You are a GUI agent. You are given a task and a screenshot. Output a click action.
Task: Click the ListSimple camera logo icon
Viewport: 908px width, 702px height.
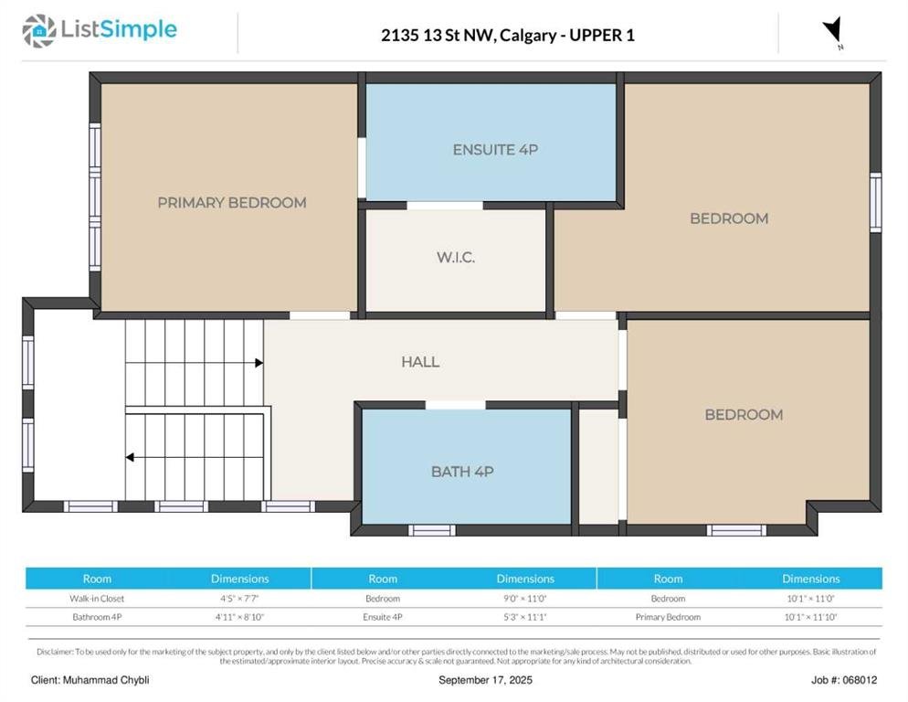(38, 31)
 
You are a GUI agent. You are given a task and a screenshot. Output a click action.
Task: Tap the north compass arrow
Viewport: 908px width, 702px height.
(833, 30)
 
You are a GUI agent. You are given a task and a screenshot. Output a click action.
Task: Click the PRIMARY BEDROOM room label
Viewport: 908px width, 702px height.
(232, 203)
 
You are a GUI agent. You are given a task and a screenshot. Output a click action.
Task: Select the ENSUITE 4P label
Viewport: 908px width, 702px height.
(495, 150)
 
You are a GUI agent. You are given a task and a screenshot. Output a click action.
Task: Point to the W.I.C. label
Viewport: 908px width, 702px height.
(456, 257)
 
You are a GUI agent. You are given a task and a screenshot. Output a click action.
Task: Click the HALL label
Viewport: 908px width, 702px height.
(420, 362)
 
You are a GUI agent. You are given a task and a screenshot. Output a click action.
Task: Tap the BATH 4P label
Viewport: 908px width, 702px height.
(462, 472)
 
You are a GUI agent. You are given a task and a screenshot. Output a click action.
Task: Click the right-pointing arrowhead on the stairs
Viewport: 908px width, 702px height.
(259, 363)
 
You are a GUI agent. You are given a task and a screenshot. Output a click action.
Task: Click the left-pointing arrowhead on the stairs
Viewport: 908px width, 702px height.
(130, 457)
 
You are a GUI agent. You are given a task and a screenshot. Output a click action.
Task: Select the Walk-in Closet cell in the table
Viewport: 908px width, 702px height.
(97, 598)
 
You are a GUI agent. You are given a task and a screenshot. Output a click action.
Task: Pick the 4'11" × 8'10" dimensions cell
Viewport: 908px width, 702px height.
(239, 617)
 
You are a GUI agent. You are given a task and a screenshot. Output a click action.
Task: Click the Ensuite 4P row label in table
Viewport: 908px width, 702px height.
(383, 617)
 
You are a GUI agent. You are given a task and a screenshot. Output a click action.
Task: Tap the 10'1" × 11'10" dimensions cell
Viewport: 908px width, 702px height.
(811, 617)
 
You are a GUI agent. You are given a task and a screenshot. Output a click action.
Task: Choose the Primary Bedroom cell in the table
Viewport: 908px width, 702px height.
(669, 617)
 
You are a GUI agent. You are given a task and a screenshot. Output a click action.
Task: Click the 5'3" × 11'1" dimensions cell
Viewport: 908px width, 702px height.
(525, 617)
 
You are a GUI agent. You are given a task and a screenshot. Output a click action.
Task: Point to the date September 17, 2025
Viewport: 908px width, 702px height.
(485, 680)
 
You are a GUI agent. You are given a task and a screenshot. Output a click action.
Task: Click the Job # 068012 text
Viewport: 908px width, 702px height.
(844, 680)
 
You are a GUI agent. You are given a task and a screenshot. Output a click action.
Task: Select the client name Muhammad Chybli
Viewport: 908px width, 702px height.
(106, 680)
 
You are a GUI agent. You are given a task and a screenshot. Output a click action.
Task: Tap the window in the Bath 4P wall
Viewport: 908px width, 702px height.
(432, 530)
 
